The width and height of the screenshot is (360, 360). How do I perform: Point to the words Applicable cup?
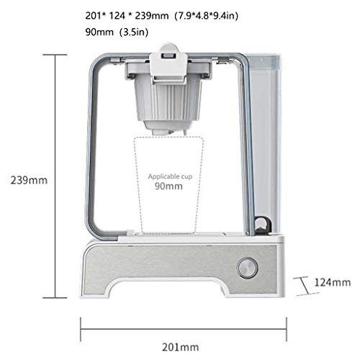(170, 176)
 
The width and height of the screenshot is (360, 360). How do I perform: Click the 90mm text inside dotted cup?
(170, 185)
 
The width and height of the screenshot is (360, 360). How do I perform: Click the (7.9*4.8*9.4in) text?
(209, 14)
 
